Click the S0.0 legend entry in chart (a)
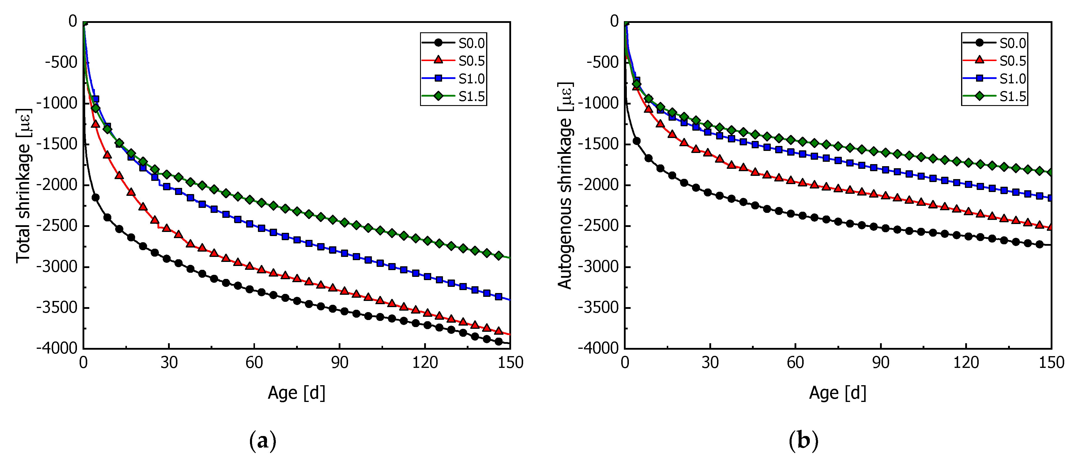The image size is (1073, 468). [x=471, y=43]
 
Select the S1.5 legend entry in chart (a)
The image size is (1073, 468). [x=471, y=97]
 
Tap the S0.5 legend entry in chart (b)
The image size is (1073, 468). [x=1012, y=61]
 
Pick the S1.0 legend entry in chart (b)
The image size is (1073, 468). [x=1012, y=79]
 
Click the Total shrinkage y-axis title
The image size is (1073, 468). [x=23, y=186]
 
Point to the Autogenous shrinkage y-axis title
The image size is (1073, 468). [x=565, y=186]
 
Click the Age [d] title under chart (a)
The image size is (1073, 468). [x=296, y=393]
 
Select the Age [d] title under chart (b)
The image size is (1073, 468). [x=838, y=393]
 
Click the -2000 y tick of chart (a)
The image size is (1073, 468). [x=57, y=184]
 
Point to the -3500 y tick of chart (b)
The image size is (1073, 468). [x=599, y=308]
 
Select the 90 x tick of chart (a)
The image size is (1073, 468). [x=340, y=363]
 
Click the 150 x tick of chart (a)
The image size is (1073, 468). [x=510, y=363]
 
